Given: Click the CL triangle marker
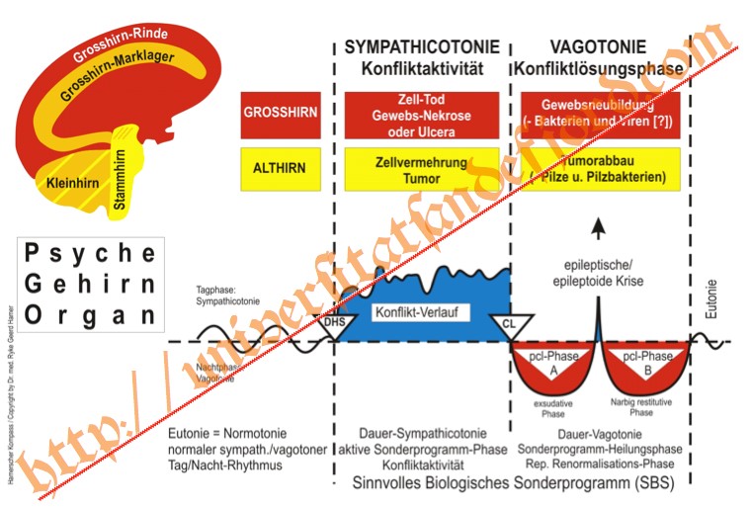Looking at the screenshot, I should pos(510,323).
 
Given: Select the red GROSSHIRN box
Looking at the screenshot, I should pos(281,113).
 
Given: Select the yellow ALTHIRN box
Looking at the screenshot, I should pos(281,168).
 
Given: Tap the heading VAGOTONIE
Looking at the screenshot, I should pos(598,47).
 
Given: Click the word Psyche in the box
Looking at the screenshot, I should pos(90,252).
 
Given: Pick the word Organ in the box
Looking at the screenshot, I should pos(90,315).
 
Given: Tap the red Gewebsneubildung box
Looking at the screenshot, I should pos(598,113).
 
